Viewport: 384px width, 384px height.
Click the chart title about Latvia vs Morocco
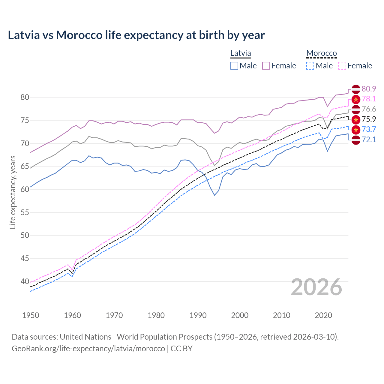point(136,35)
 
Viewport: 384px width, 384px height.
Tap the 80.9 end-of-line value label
point(369,89)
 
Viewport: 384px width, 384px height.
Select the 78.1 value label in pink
point(369,99)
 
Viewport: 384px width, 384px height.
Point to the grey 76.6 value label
point(369,109)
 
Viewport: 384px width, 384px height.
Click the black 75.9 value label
point(369,119)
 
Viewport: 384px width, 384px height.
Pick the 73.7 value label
point(369,130)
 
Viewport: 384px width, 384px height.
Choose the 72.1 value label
point(369,140)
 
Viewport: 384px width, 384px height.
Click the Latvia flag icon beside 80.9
point(356,89)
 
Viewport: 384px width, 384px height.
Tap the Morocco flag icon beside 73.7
point(356,130)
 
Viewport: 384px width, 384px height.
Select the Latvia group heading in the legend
point(241,53)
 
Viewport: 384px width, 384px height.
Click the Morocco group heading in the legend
point(322,53)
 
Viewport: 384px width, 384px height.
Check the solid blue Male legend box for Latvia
point(234,66)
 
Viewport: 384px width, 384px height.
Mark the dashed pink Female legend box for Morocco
point(342,66)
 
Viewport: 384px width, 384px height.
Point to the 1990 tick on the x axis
point(198,315)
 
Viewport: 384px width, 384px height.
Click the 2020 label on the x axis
point(323,315)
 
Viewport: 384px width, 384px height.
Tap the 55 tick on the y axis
point(25,212)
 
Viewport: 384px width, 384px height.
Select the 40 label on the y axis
point(25,281)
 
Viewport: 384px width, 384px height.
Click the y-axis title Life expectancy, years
point(13,192)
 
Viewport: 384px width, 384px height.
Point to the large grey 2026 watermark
point(316,287)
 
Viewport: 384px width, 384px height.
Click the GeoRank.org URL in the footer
point(88,349)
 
